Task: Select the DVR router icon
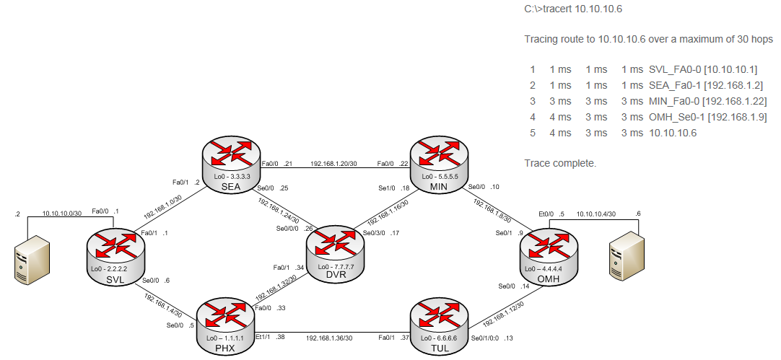click(335, 249)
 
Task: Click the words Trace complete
click(560, 164)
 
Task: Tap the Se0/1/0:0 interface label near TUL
click(484, 338)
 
